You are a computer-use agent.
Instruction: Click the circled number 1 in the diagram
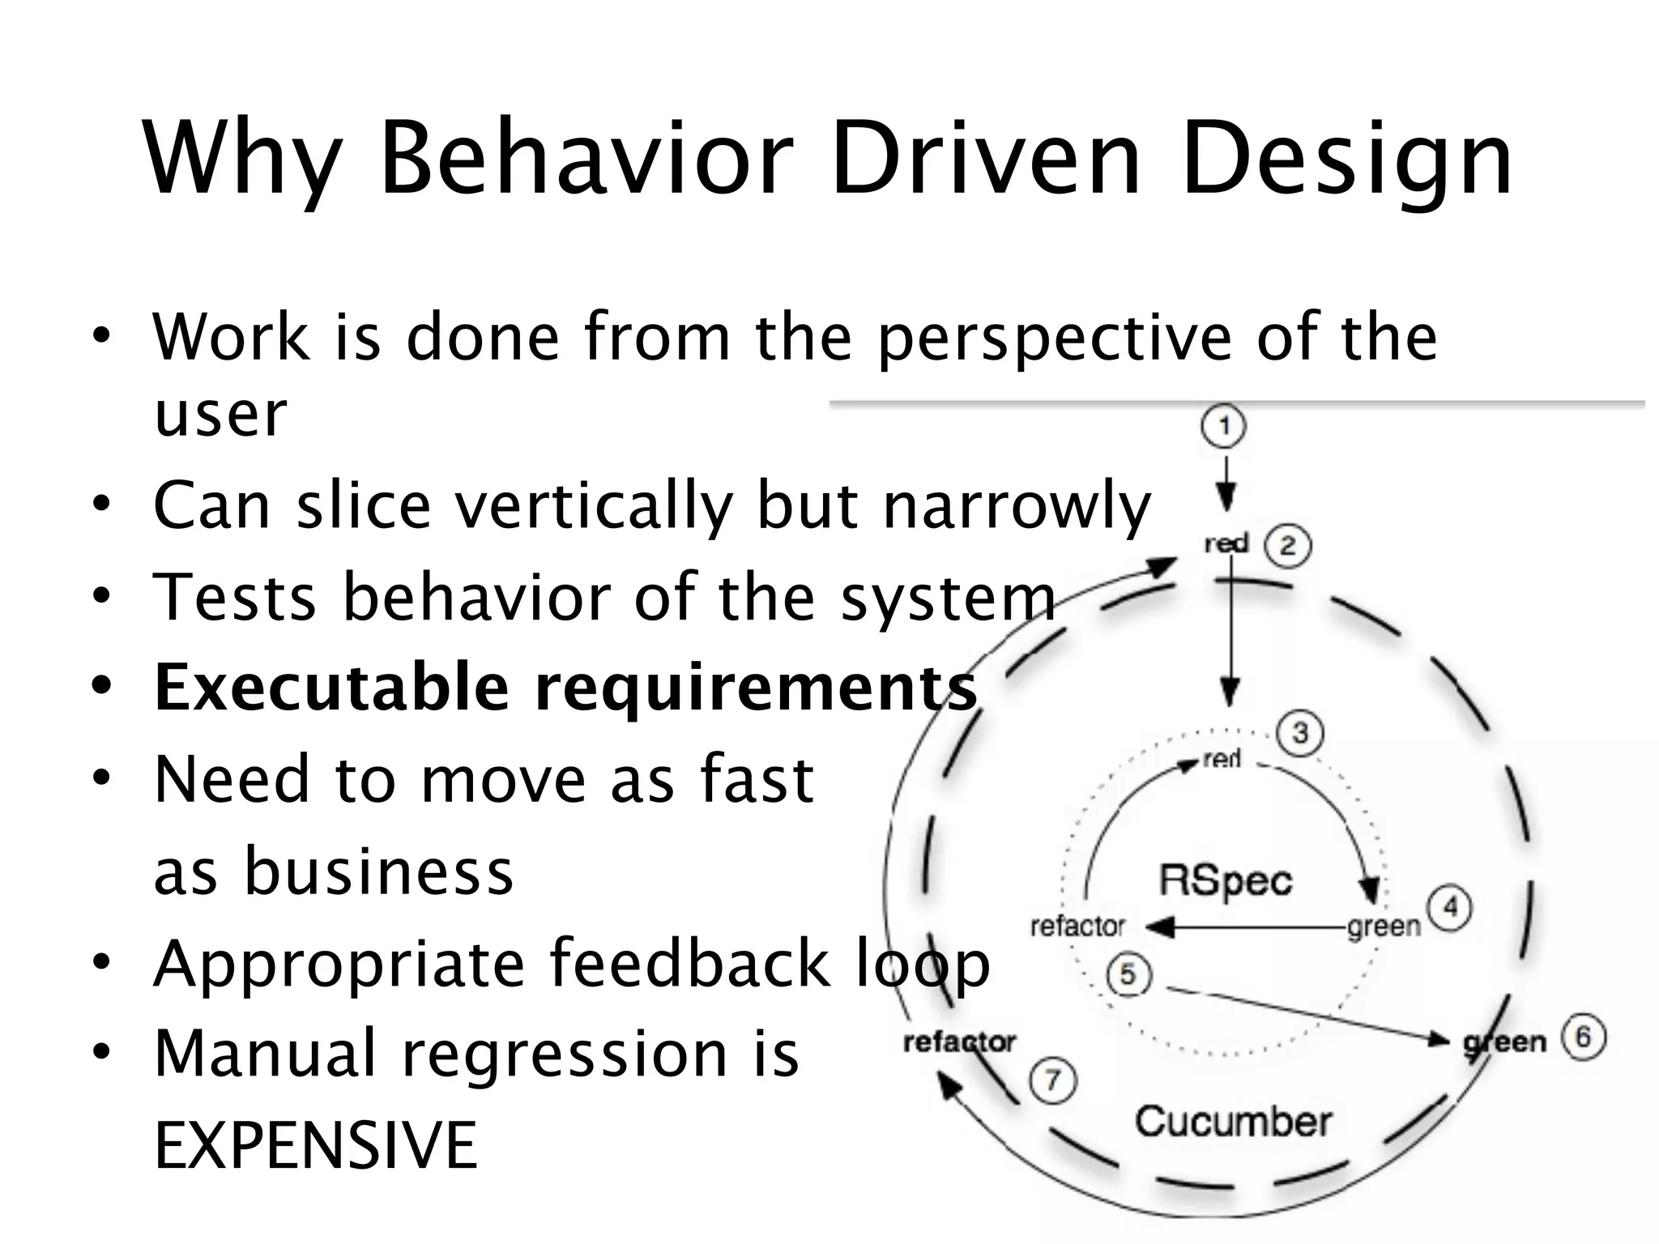[1223, 426]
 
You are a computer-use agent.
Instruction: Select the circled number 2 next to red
[1288, 546]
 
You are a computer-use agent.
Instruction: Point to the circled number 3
[1299, 734]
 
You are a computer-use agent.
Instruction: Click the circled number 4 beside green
[1449, 908]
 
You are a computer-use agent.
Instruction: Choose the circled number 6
[1583, 1037]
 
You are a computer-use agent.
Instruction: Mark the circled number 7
[1051, 1081]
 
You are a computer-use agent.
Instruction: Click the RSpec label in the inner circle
[1226, 880]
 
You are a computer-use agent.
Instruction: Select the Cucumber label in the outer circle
[1233, 1122]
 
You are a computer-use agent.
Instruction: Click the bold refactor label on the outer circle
[959, 1042]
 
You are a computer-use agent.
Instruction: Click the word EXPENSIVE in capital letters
[316, 1144]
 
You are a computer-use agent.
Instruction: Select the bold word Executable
[331, 688]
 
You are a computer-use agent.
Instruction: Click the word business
[379, 871]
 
